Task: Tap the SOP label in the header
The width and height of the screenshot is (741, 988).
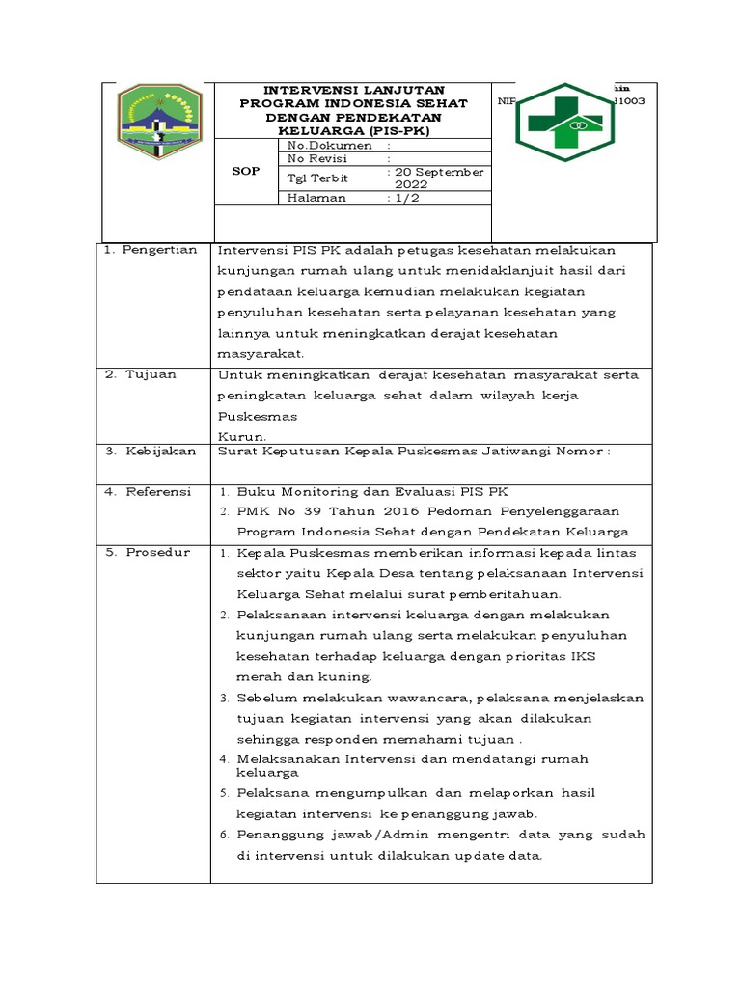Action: (x=246, y=170)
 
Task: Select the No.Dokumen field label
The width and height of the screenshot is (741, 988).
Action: (x=317, y=145)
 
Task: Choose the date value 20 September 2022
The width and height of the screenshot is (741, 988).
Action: (x=438, y=178)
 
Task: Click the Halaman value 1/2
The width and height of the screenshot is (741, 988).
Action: (x=406, y=197)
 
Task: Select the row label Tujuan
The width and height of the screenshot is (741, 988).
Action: (x=151, y=374)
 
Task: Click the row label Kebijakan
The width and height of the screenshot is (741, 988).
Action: (x=160, y=451)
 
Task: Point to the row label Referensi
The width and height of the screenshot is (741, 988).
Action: (x=158, y=491)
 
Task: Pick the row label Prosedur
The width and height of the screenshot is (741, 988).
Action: (x=157, y=552)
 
